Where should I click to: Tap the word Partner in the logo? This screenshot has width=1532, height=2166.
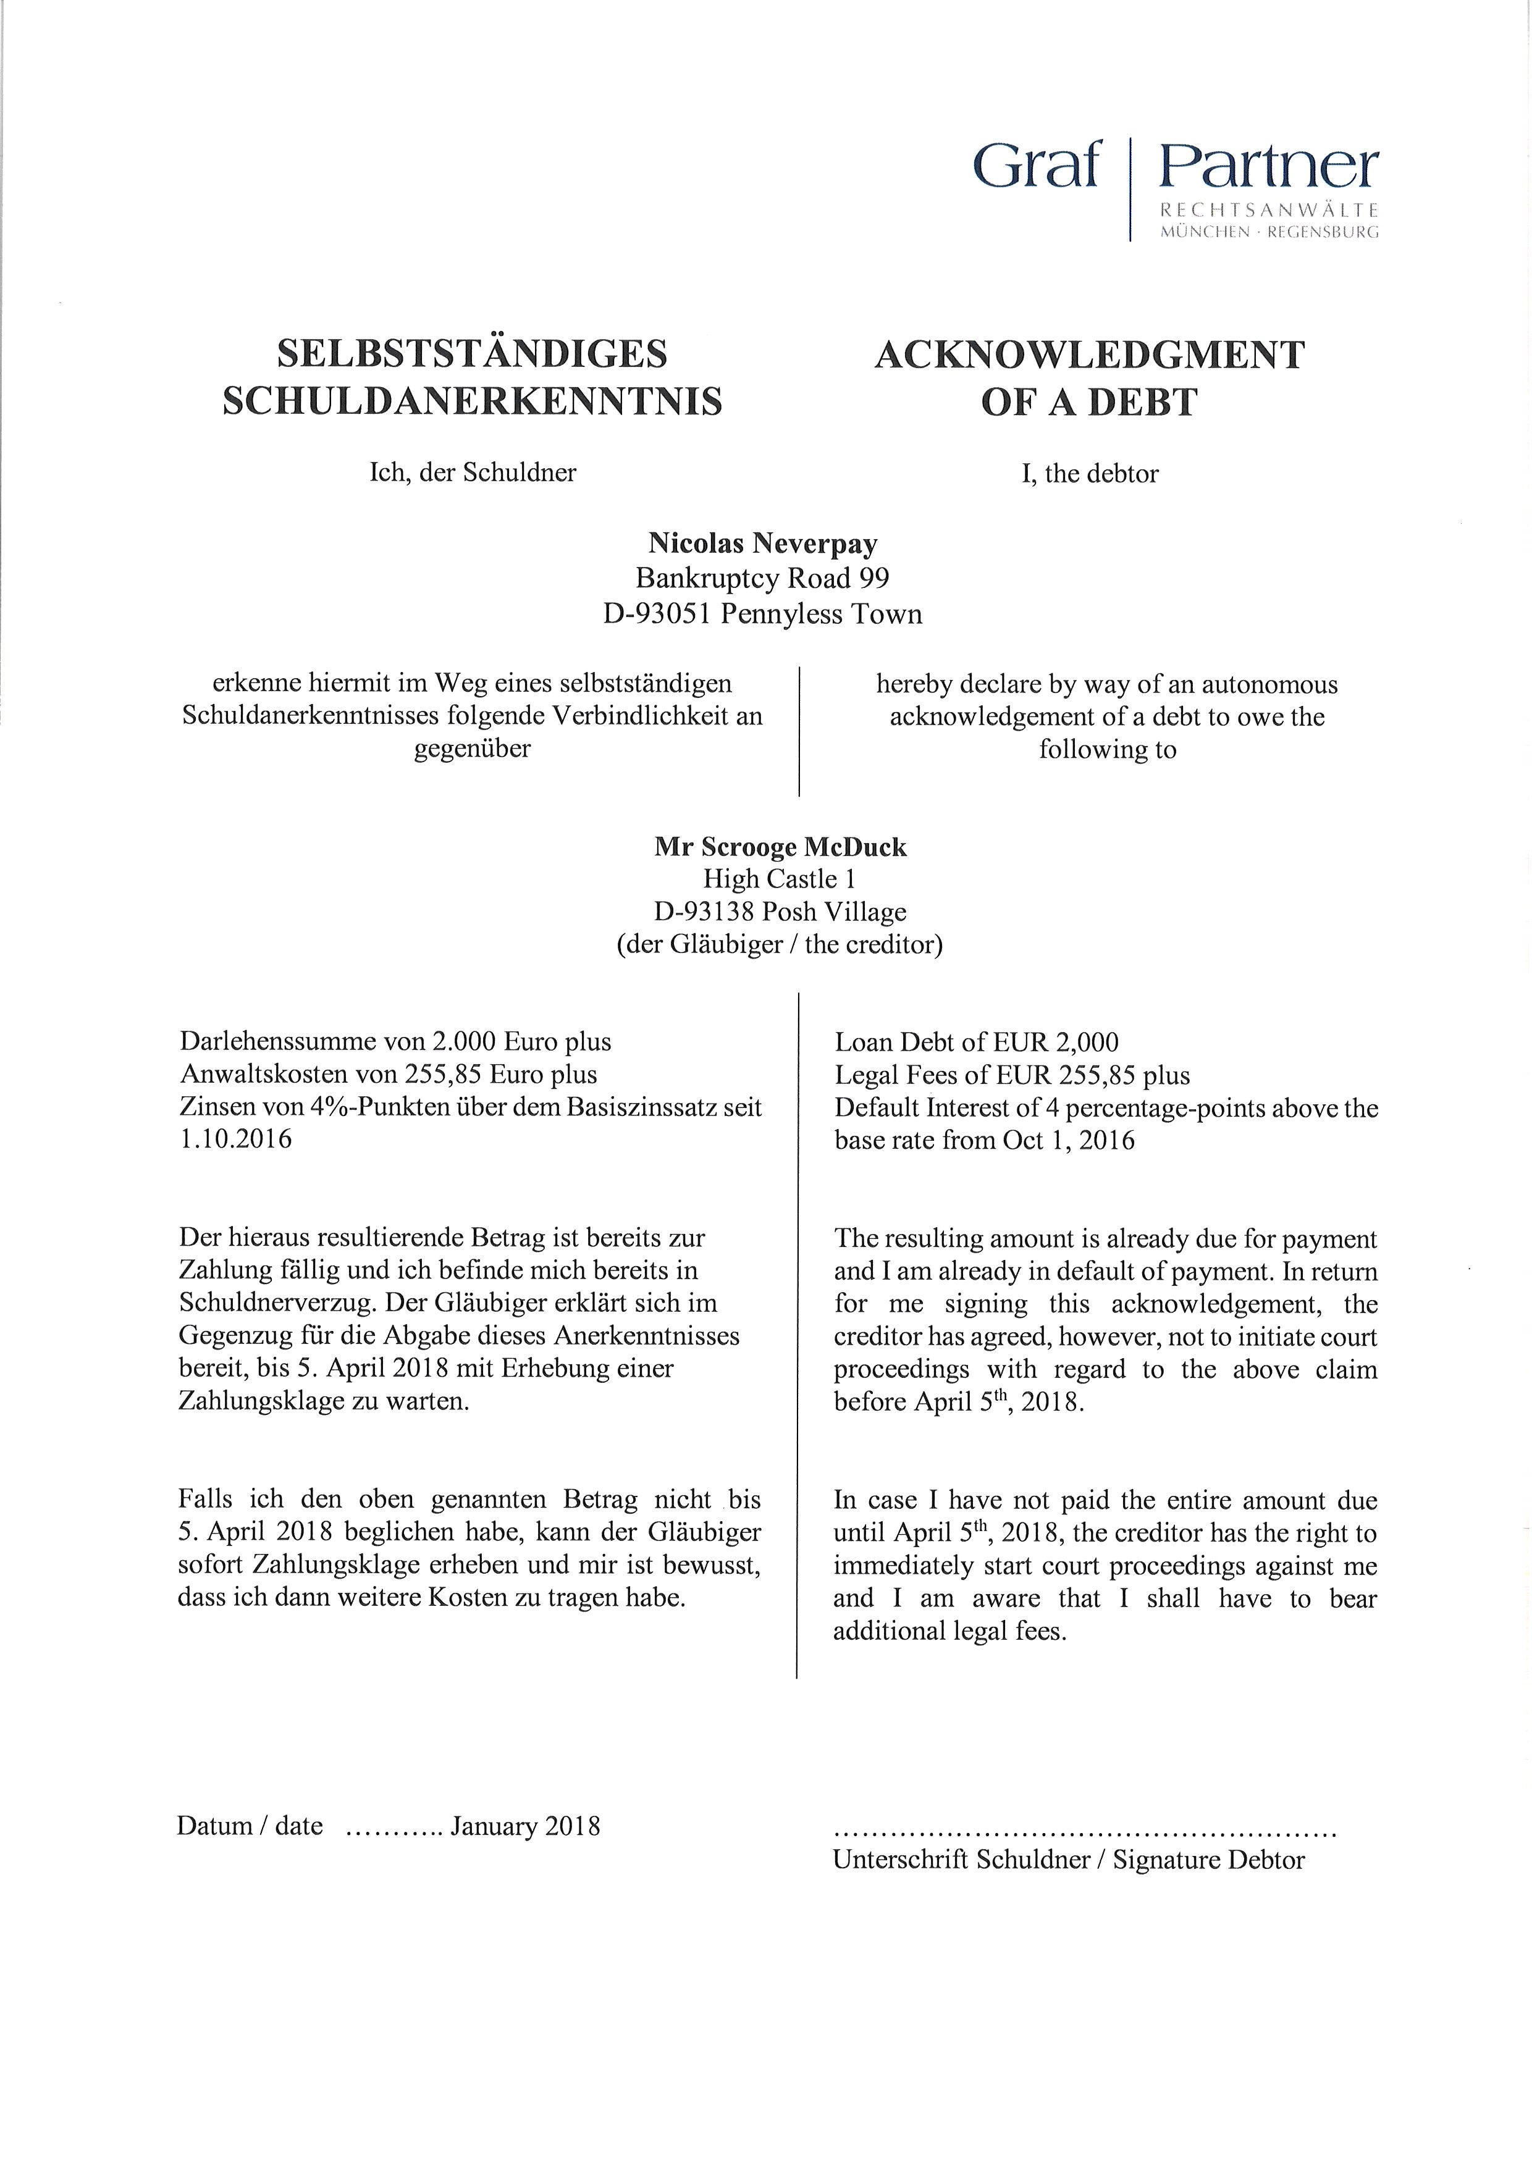pyautogui.click(x=1269, y=167)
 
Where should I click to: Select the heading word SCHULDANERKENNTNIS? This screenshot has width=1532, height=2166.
pyautogui.click(x=472, y=401)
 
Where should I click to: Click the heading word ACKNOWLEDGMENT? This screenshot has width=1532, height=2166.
pyautogui.click(x=1090, y=356)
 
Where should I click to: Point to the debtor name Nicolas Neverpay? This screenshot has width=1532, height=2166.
pyautogui.click(x=763, y=544)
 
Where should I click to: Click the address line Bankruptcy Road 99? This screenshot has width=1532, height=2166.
pyautogui.click(x=763, y=577)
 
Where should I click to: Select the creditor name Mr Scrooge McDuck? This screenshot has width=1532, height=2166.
pyautogui.click(x=780, y=847)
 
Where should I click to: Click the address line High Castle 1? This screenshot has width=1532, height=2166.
pyautogui.click(x=779, y=879)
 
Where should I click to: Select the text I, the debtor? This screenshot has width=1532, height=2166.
pyautogui.click(x=1090, y=474)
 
